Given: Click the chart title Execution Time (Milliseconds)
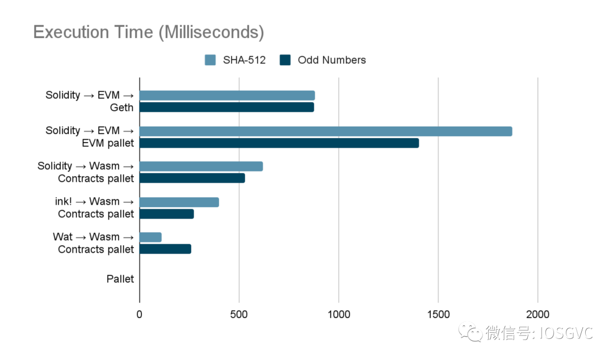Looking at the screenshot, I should [149, 32].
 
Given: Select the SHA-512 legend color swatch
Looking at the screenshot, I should [210, 60].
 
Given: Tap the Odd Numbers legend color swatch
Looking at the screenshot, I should [285, 60].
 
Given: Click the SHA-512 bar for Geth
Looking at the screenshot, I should [227, 95].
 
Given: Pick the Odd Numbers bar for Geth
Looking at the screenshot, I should [226, 107].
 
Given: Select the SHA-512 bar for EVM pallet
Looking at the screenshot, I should [326, 131].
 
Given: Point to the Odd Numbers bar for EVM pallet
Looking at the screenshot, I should [279, 143].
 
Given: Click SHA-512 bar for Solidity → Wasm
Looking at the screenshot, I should [201, 166].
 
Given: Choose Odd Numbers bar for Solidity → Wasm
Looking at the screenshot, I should [192, 178].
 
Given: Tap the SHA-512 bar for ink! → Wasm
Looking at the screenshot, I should [179, 202].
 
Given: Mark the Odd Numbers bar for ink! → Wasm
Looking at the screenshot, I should [167, 214].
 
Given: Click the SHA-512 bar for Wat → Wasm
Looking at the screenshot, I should [150, 237].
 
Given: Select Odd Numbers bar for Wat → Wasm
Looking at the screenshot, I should [165, 249].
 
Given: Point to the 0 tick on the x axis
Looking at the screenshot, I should [140, 315].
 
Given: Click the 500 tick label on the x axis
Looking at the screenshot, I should [239, 315].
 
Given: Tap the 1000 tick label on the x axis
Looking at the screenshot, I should [339, 315].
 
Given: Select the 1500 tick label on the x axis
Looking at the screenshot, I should [438, 315].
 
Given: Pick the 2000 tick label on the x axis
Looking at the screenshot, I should [538, 315].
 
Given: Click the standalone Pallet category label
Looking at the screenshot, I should [120, 279].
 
